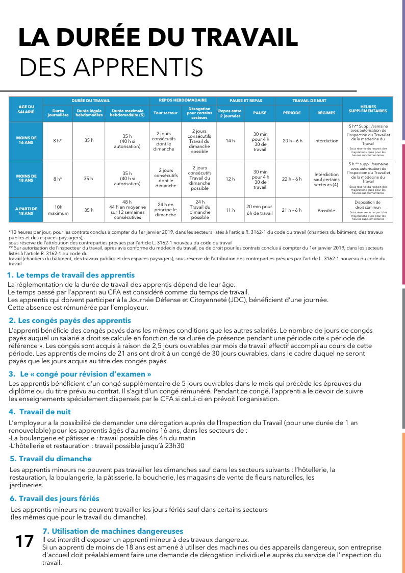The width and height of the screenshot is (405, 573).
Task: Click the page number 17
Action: [x=24, y=541]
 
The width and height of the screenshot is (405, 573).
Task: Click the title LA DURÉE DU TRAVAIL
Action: [x=158, y=38]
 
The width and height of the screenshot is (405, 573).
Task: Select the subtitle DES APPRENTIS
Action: [x=111, y=67]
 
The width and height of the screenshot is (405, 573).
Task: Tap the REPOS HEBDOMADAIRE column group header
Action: [x=183, y=101]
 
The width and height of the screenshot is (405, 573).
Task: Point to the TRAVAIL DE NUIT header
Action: [x=309, y=101]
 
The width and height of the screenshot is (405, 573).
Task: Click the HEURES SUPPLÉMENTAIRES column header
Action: [x=367, y=108]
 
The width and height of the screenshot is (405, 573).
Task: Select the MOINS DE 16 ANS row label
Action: [x=26, y=140]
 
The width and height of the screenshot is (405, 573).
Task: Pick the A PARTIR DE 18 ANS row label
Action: [x=26, y=210]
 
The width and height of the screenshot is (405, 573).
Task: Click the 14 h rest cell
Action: [x=230, y=140]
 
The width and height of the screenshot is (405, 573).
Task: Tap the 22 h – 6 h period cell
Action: [x=292, y=179]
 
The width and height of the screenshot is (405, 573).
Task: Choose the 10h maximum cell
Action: [x=58, y=210]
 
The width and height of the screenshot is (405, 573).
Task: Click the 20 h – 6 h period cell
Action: [x=292, y=140]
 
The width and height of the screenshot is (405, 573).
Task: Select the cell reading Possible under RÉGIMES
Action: [x=326, y=210]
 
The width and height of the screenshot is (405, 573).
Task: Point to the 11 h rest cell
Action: [x=230, y=210]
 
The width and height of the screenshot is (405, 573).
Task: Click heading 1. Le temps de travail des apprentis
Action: [x=71, y=275]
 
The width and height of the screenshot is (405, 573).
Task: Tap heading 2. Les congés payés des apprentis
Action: [x=70, y=320]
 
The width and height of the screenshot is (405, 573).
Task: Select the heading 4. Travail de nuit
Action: [x=40, y=412]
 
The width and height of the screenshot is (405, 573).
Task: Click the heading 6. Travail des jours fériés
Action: [x=55, y=498]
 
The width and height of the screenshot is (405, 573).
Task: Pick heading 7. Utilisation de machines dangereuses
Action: [x=113, y=531]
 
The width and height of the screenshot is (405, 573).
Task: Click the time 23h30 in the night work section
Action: [x=174, y=445]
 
